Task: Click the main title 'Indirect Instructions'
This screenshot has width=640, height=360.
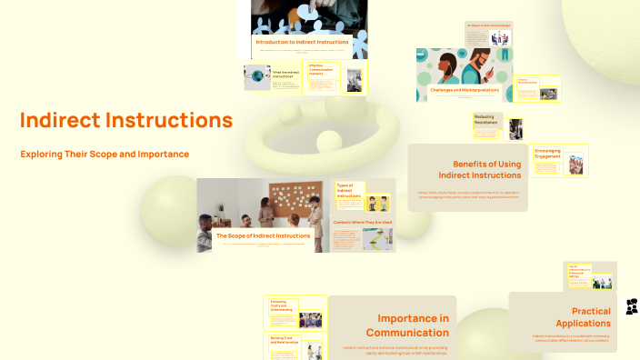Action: [x=126, y=120]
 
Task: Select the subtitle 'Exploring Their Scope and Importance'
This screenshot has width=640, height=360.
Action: [x=105, y=154]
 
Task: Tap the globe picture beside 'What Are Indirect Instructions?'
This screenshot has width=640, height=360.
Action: [x=257, y=77]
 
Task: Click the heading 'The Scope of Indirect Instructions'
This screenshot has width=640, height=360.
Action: [x=262, y=235]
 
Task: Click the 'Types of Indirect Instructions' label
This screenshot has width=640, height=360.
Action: [x=349, y=191]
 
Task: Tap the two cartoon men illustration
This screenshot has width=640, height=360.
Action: [x=376, y=202]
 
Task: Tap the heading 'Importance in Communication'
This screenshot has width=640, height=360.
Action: [x=413, y=325]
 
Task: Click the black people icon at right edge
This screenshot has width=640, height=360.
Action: [x=632, y=306]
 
